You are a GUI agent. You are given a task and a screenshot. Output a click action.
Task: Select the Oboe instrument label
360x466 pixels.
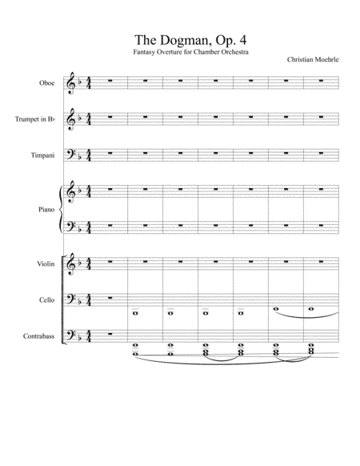click(x=46, y=82)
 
